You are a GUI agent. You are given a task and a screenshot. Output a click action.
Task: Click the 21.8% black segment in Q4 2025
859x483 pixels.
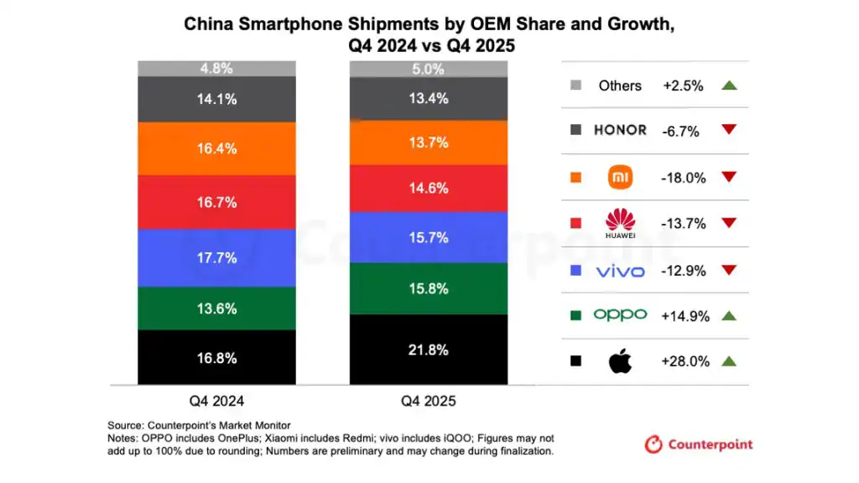click(428, 349)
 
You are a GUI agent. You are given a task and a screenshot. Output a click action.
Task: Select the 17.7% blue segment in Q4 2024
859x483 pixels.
click(216, 257)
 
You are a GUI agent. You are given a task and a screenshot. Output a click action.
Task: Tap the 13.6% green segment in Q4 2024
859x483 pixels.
click(216, 308)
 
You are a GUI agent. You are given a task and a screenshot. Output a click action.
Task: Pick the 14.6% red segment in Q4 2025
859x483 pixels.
click(428, 189)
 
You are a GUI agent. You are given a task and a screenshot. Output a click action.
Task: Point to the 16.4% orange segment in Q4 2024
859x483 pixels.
click(216, 148)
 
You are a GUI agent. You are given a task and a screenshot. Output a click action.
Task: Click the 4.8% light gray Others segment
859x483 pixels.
click(216, 69)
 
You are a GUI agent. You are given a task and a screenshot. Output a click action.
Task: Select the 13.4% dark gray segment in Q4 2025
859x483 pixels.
click(428, 99)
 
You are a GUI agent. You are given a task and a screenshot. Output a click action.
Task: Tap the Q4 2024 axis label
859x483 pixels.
click(216, 402)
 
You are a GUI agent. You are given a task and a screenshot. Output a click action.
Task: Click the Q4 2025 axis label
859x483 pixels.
click(428, 402)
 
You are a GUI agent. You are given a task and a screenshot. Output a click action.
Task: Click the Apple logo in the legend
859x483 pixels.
click(621, 361)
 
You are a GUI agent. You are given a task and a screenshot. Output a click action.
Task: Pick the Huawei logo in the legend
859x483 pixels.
click(621, 223)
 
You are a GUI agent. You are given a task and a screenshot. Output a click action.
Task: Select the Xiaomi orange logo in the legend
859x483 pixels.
click(621, 178)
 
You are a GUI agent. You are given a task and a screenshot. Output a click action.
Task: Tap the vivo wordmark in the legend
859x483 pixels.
click(621, 271)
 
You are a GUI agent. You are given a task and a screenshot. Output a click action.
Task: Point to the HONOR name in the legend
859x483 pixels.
click(620, 130)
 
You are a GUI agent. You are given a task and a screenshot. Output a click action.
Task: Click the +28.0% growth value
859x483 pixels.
click(685, 361)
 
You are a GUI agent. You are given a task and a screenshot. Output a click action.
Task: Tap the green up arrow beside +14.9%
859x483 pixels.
click(728, 316)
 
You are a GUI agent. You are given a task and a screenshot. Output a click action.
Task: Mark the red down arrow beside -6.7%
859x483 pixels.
click(728, 131)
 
